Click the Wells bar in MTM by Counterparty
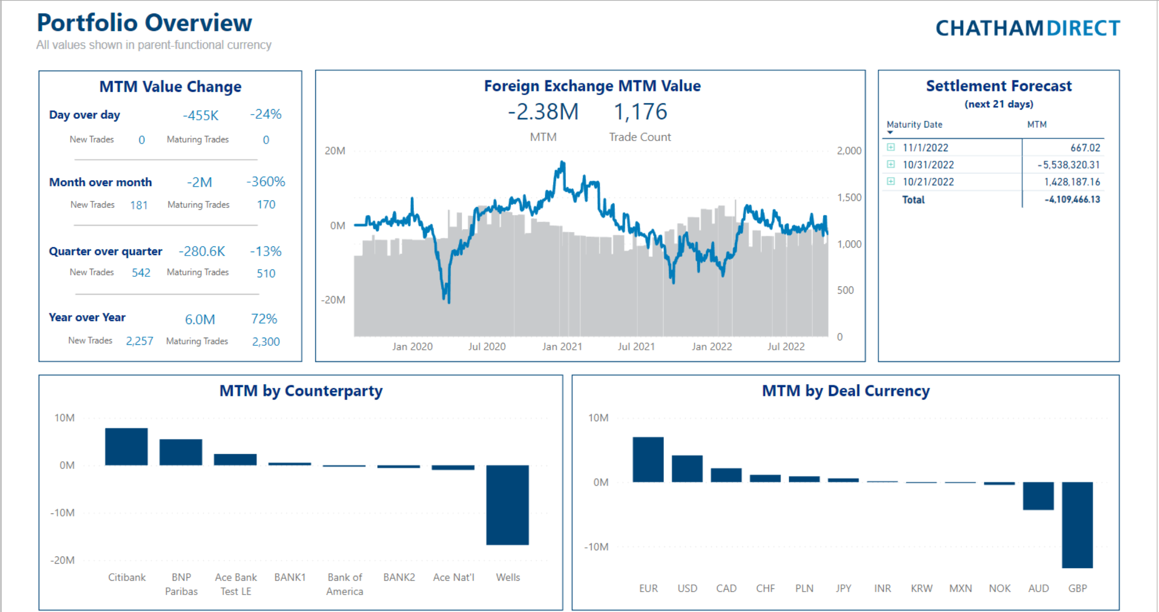507,505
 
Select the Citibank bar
126,447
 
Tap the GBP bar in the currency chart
1077,525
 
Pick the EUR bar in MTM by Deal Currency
648,459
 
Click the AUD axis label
1038,588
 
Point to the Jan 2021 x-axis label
562,346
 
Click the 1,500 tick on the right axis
849,197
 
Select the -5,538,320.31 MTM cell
1068,165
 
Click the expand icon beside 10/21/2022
891,181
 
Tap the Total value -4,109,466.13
1072,199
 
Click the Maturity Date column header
914,124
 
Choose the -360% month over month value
266,182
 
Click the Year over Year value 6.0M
200,319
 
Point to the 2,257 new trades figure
140,341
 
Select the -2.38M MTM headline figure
543,112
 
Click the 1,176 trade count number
640,112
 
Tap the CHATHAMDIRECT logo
1028,28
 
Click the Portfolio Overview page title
144,23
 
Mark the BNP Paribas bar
181,452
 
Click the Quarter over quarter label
105,251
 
